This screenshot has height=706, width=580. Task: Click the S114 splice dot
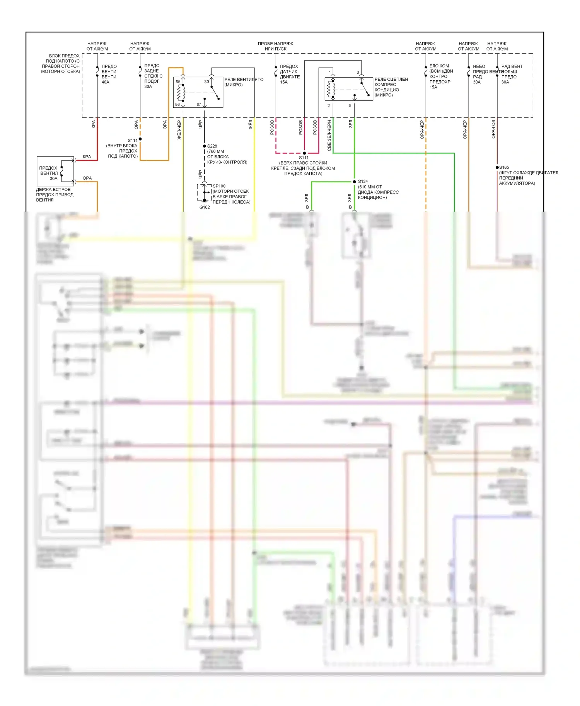[140, 139]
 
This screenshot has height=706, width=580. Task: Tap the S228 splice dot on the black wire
[205, 146]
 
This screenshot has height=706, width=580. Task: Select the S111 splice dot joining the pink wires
[304, 153]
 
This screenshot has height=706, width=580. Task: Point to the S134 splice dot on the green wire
[354, 182]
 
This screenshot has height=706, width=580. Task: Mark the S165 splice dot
[497, 167]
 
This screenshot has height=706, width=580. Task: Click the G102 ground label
[205, 207]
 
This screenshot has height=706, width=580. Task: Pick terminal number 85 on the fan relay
[178, 81]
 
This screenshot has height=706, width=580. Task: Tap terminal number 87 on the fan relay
[199, 104]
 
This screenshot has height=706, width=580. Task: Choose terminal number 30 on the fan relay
[206, 81]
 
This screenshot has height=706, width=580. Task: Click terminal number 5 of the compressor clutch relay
[350, 105]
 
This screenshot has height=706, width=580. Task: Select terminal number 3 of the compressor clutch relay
[358, 72]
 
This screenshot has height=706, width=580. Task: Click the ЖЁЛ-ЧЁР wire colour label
[179, 130]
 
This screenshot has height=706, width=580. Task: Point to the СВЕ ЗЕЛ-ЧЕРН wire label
[329, 135]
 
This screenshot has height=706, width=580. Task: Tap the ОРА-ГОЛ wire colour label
[493, 129]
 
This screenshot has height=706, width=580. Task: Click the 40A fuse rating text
[105, 82]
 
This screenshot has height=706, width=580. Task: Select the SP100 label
[219, 186]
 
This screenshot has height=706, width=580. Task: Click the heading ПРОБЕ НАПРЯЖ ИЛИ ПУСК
[275, 46]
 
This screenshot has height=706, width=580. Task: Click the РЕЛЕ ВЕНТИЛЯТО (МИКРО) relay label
[244, 82]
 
